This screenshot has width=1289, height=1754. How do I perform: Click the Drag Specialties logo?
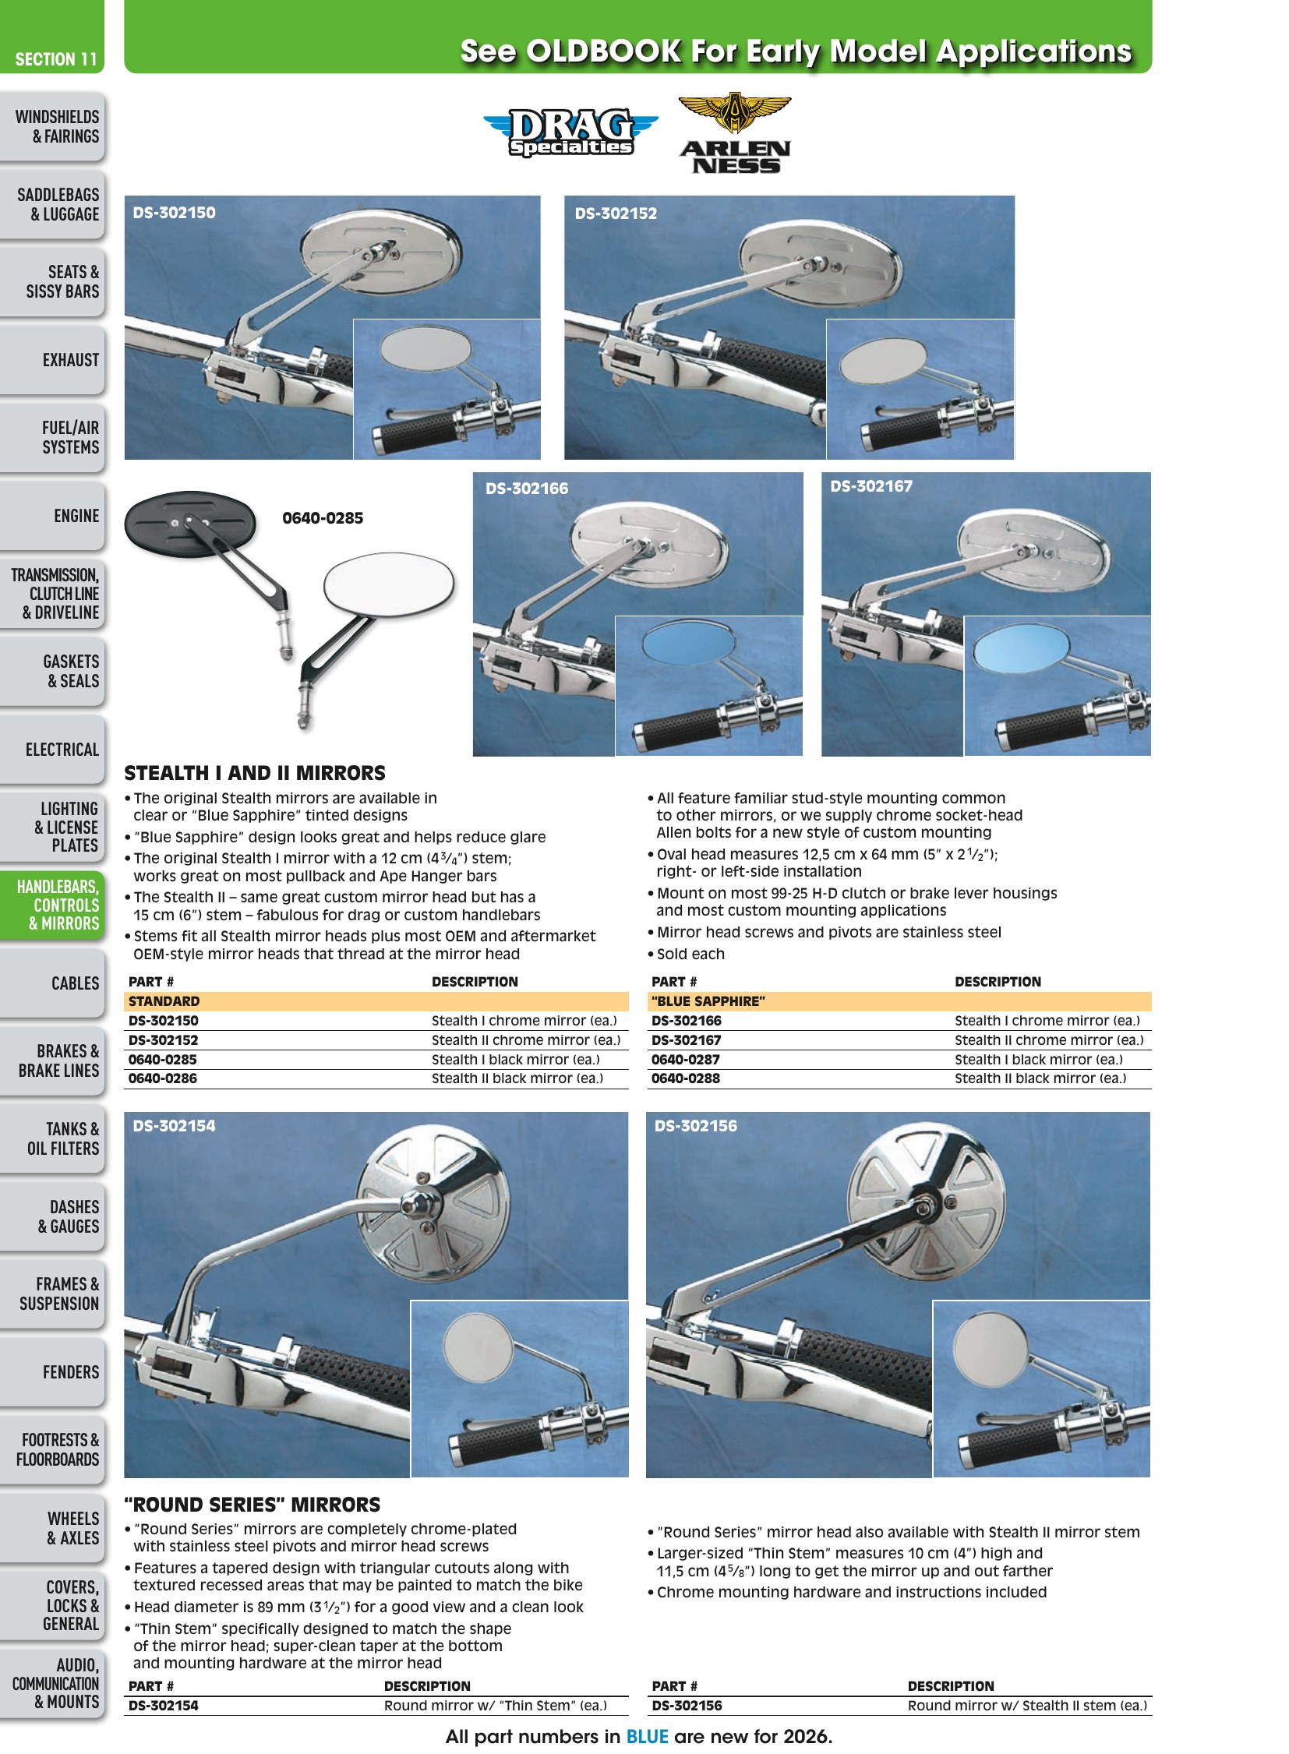coord(570,132)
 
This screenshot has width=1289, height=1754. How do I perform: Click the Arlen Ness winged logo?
coord(735,133)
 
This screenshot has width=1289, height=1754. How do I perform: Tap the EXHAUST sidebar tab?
coord(51,360)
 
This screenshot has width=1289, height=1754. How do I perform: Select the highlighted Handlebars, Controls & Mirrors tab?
coord(51,905)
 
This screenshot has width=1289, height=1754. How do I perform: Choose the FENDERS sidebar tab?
coord(51,1372)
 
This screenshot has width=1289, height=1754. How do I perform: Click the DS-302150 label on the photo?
coord(174,212)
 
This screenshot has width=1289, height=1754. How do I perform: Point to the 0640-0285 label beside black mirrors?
coord(323,518)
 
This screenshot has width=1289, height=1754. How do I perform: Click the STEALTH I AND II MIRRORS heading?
coord(254,773)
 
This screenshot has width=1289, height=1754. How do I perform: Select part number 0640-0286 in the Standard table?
coord(162,1078)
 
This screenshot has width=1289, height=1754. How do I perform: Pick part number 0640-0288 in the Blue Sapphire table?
coord(685,1078)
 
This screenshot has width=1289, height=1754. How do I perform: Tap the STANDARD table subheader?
coord(164,1001)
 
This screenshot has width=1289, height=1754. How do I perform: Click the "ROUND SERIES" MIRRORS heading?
coord(253,1505)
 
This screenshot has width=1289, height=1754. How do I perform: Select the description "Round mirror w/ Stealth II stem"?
coord(1027,1706)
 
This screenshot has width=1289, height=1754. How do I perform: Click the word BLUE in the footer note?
coord(647,1737)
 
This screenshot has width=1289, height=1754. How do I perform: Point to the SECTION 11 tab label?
coord(56,59)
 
